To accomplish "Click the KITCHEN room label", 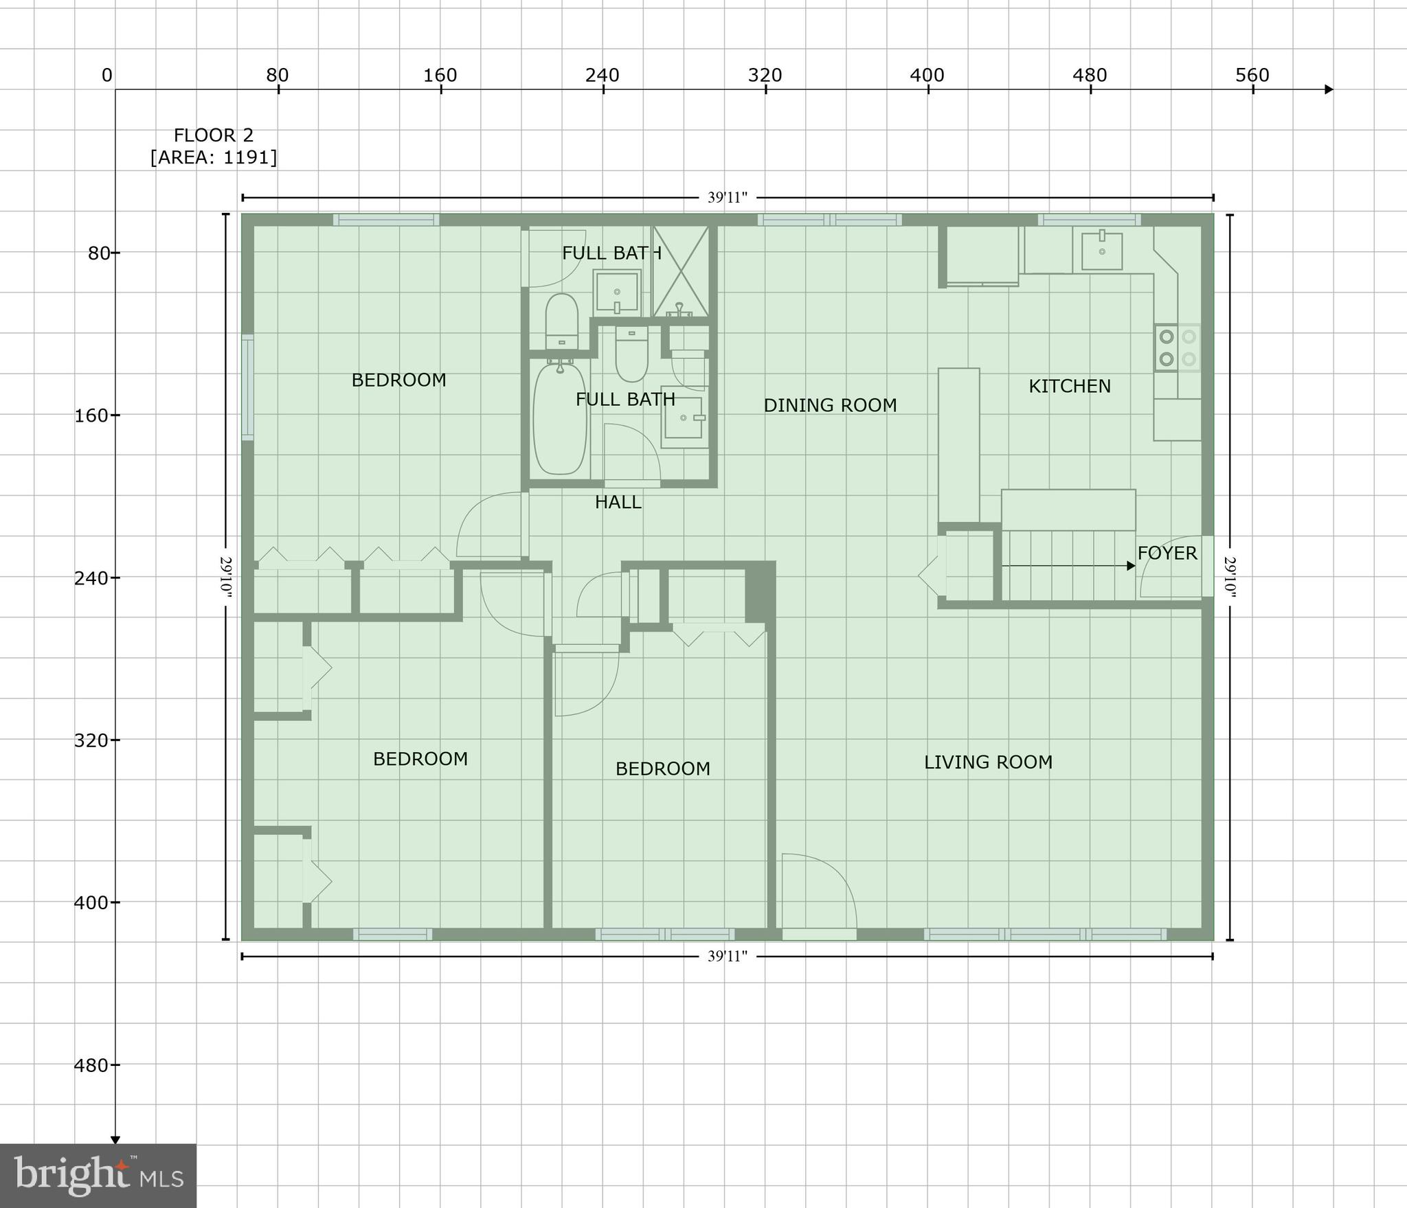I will [x=1069, y=386].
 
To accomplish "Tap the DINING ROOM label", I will [x=830, y=405].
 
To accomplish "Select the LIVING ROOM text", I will [x=987, y=762].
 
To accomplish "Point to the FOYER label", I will [x=1167, y=553].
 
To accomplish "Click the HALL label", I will [x=618, y=502].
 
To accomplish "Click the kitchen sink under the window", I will [x=1102, y=251].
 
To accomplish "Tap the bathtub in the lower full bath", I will [x=560, y=419].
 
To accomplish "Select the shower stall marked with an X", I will [x=680, y=271].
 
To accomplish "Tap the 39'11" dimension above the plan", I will [x=727, y=198].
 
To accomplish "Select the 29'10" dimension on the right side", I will [x=1230, y=577].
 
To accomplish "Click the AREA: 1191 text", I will [x=214, y=157].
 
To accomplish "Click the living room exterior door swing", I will [x=818, y=893].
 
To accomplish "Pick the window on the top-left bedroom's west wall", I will [x=247, y=387].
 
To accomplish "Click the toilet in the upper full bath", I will [x=561, y=319].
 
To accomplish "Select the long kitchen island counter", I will [x=958, y=445].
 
